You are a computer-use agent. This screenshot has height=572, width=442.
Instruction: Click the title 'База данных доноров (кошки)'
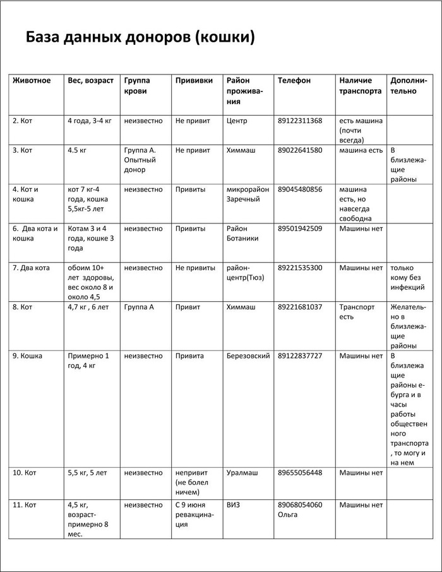tap(140, 37)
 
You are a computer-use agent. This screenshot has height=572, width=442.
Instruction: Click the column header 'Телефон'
tap(294, 81)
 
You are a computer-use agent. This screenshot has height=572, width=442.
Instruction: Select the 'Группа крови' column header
tap(137, 86)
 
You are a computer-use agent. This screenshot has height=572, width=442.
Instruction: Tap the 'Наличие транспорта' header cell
tap(360, 86)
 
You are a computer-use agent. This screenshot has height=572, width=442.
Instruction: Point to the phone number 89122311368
tap(299, 121)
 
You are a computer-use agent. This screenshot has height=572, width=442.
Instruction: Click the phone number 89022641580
tap(299, 150)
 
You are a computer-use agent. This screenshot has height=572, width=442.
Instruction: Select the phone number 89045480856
tap(299, 189)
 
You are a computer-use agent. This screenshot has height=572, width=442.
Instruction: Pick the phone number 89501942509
tap(299, 229)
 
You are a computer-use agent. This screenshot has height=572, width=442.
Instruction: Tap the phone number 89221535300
tap(299, 268)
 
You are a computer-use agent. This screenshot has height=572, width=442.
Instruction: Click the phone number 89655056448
tap(299, 472)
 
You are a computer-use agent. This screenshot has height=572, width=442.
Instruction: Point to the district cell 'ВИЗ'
tap(233, 505)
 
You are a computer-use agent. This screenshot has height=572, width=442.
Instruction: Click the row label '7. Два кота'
tap(31, 268)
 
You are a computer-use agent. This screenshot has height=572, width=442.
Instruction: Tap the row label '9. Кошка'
tap(27, 356)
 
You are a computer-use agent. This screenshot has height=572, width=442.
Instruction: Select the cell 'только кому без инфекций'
tap(407, 277)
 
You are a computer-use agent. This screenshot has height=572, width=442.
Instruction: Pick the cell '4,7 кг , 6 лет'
tap(87, 307)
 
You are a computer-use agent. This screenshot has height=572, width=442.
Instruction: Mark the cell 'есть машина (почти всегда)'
tap(361, 130)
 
